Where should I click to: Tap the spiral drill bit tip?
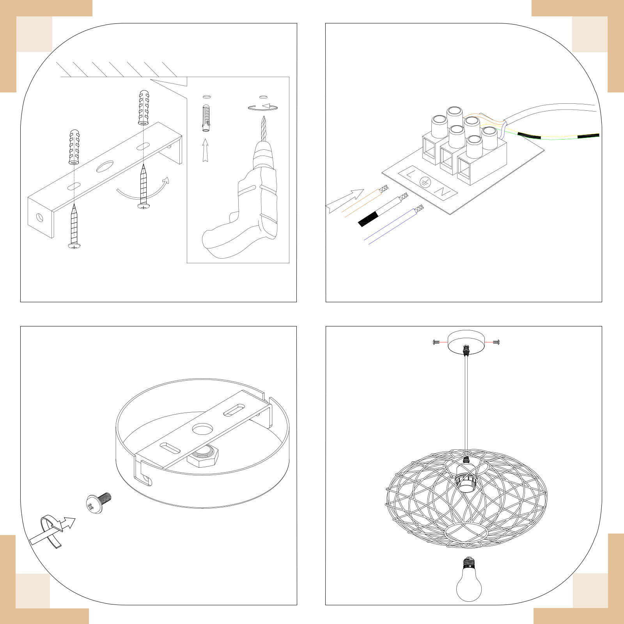pos(264,117)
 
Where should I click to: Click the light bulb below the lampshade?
pos(469,579)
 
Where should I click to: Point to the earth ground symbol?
pos(425,182)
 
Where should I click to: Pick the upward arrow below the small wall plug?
pos(205,150)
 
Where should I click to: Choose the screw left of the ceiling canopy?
pos(436,342)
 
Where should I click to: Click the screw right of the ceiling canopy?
pos(496,342)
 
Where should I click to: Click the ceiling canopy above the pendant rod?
pos(466,342)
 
